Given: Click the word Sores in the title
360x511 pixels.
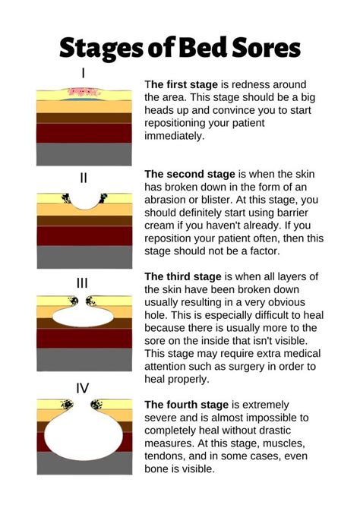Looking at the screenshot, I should (x=265, y=48).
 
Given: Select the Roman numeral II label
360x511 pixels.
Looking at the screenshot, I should (x=84, y=178).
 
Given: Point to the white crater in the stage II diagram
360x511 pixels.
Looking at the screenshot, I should (x=83, y=200).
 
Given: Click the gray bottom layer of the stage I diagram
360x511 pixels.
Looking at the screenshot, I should (x=83, y=154).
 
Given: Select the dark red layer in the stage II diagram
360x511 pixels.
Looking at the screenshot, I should (x=83, y=236).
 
